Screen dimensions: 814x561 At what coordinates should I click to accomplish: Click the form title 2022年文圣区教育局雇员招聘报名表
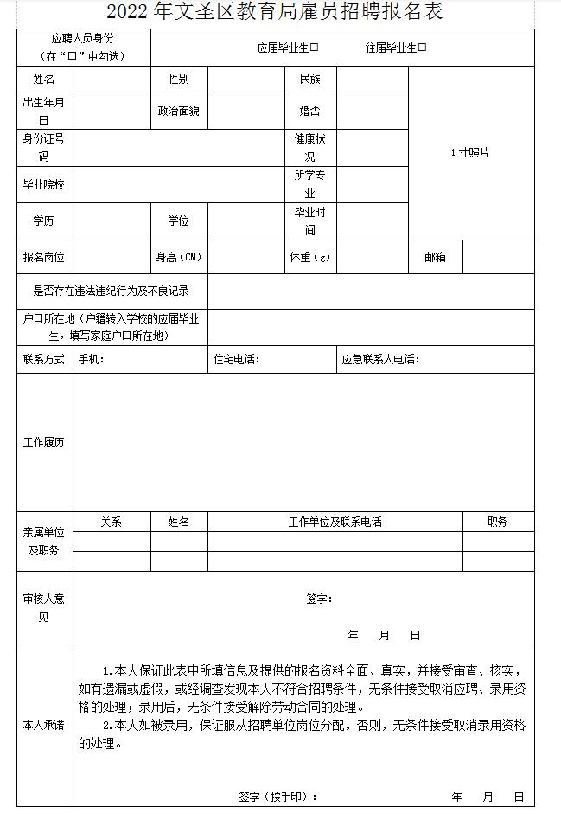(275, 13)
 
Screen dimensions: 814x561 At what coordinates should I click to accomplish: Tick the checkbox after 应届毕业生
(315, 48)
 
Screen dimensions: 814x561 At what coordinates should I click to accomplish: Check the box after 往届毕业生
(423, 48)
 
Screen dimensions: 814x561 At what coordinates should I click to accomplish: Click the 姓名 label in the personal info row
(44, 80)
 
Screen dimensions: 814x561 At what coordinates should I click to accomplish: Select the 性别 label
(178, 80)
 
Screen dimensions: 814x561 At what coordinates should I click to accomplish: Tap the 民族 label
(309, 80)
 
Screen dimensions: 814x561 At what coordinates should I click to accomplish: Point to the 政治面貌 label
(178, 112)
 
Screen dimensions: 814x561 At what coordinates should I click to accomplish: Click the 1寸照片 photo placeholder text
(470, 152)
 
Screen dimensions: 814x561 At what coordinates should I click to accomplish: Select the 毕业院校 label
(44, 184)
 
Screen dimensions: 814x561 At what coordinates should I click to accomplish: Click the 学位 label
(178, 221)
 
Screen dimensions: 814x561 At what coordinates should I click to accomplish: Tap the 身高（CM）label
(178, 257)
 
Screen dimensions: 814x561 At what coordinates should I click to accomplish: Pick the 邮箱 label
(435, 257)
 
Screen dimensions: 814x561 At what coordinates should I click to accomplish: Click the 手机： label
(92, 360)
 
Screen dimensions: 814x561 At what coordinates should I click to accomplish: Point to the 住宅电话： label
(236, 360)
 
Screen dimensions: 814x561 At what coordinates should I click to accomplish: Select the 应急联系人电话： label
(380, 360)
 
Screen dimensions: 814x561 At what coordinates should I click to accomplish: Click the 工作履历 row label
(44, 442)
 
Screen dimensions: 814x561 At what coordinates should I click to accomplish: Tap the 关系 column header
(112, 522)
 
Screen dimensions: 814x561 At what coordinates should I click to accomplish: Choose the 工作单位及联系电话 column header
(335, 522)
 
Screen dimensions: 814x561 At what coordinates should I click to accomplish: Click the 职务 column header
(497, 522)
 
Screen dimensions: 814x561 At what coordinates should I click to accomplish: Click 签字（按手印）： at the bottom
(277, 797)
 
